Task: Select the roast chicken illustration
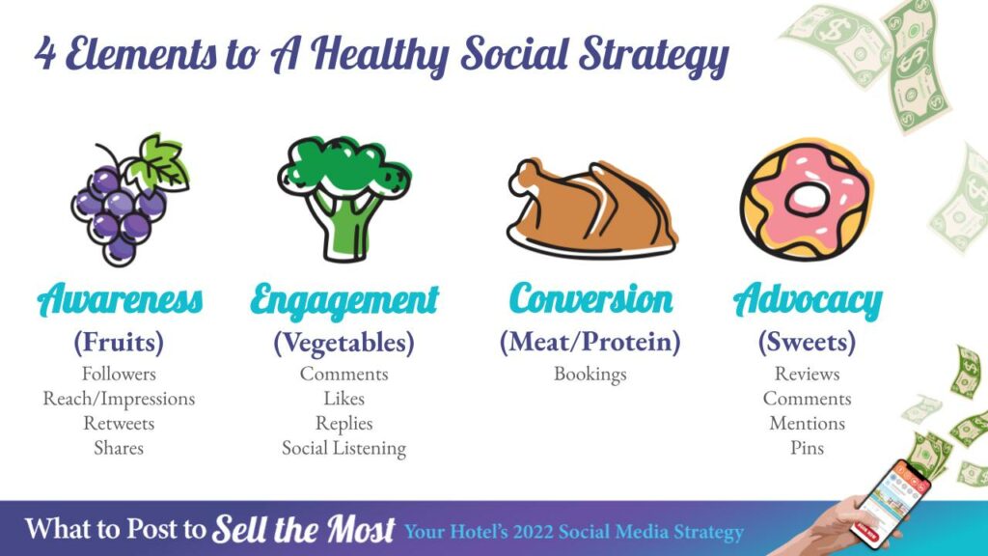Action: coord(591,208)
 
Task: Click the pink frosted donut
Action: coord(808,201)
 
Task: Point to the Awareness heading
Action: coord(121,299)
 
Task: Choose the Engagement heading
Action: coord(344,301)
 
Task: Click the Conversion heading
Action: coord(591,298)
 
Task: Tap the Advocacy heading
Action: coord(808,301)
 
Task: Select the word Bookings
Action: coord(590,375)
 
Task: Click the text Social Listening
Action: coord(344,448)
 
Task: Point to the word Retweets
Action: coord(119,423)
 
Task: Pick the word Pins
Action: coord(808,448)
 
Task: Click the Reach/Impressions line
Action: coord(119,399)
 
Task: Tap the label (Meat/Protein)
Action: coord(590,342)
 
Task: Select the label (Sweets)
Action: coord(808,342)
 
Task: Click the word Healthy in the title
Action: coord(379,55)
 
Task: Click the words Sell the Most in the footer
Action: coord(304,529)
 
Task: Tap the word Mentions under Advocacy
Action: coord(808,423)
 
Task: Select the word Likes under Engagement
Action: coord(344,399)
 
